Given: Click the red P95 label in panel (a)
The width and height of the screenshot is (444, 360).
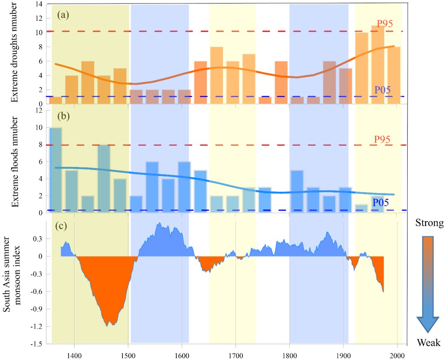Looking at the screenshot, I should tap(385, 23).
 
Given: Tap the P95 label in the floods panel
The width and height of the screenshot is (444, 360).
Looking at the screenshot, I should tap(383, 139).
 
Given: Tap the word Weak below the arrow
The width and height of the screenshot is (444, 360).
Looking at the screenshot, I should tap(429, 344).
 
